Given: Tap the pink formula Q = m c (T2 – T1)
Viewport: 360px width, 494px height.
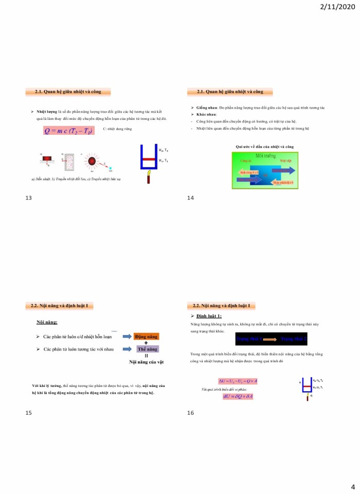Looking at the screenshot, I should coord(68,131).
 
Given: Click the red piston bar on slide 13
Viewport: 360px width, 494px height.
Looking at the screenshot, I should coord(149,160).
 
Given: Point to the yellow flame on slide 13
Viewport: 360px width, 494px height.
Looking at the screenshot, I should coord(149,178).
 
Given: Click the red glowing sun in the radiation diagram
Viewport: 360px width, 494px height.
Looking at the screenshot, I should coord(93,161).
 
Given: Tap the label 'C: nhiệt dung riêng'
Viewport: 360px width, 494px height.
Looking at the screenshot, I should coord(117,129).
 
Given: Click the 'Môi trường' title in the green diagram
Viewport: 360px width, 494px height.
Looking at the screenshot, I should coord(264,154).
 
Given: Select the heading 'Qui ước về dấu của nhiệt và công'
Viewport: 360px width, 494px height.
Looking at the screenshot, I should coord(264,147).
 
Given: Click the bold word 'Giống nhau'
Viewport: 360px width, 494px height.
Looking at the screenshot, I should coord(206,108).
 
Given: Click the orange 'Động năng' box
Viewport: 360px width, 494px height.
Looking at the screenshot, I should coord(146,337).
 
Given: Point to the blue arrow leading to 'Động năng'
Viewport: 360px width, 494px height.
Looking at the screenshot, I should coord(127,337).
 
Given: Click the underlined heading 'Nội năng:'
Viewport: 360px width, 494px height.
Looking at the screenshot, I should coord(46,322).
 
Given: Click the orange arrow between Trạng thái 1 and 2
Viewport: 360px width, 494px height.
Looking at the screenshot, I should coord(271,339).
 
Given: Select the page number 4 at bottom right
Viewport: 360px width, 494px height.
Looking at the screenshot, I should coord(353,487).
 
